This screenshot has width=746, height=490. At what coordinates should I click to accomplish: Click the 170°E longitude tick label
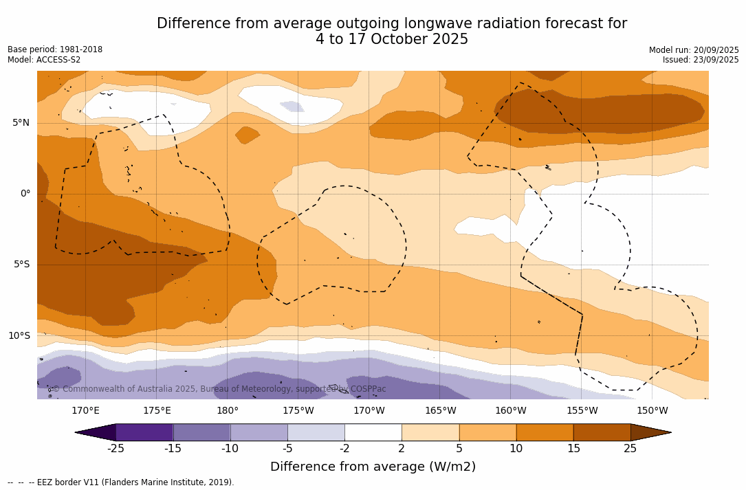(x=85, y=411)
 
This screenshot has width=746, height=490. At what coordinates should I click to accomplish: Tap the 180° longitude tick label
(x=228, y=411)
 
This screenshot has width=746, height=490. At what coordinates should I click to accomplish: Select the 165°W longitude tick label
(x=440, y=411)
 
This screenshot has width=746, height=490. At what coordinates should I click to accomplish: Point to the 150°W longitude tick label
(x=652, y=411)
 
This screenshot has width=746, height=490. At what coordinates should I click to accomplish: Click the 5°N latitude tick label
(x=21, y=123)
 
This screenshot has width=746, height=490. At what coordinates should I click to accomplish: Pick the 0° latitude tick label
(x=25, y=194)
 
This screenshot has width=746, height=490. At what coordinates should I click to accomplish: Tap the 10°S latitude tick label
(x=19, y=336)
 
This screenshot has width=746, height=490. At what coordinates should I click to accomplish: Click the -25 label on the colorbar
(x=116, y=449)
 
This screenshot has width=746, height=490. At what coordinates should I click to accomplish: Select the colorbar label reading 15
(x=573, y=449)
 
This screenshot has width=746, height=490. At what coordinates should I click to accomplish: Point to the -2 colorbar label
(x=344, y=449)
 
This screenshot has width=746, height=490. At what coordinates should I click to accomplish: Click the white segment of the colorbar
(x=373, y=432)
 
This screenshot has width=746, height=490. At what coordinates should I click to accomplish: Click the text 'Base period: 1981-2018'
(x=55, y=49)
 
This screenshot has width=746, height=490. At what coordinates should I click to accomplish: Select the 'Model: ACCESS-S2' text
(x=44, y=60)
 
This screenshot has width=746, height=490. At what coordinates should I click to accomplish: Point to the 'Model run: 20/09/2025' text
(x=694, y=50)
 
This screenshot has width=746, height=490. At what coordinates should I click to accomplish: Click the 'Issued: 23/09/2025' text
(x=701, y=60)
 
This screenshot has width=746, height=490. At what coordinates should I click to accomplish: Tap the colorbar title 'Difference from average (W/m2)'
(x=373, y=467)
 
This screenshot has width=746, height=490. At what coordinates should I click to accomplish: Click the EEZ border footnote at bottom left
(x=121, y=482)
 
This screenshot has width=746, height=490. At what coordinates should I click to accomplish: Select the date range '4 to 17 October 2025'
(x=392, y=39)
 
